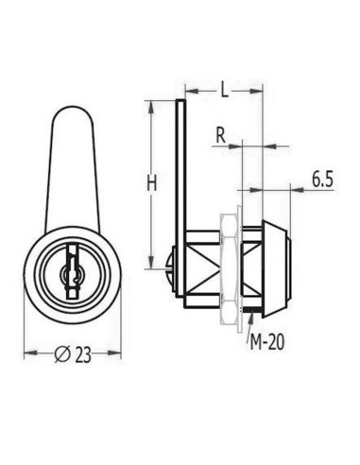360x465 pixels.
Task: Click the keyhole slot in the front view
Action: tap(69, 273)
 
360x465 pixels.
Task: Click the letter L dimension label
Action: tap(223, 92)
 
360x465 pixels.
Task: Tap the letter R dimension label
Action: tap(219, 135)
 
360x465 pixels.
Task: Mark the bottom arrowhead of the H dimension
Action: tap(150, 267)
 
